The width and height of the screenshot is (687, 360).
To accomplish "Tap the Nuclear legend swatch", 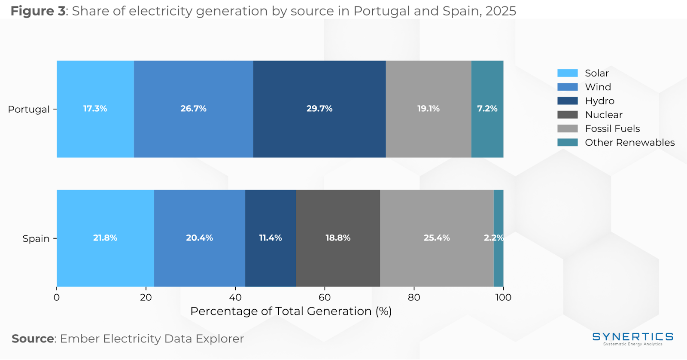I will coord(567,115).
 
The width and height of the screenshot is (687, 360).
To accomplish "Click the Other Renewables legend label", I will coord(629,143).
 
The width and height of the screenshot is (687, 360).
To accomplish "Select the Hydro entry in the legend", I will coord(599,101).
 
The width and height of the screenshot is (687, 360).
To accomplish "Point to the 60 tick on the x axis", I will coord(325,297).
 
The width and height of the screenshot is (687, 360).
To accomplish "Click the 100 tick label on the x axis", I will coord(503,297).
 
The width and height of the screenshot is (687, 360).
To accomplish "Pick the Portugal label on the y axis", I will coord(29,110).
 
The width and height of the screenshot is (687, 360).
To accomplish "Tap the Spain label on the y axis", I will coord(36,239).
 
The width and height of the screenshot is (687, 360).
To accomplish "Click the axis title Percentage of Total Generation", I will coord(291,311).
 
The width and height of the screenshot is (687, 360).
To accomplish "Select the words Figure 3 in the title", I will coord(38,11).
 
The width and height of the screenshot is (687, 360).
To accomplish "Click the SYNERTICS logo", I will coord(632,338).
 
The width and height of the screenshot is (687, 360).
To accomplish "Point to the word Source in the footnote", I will coord(33,339).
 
